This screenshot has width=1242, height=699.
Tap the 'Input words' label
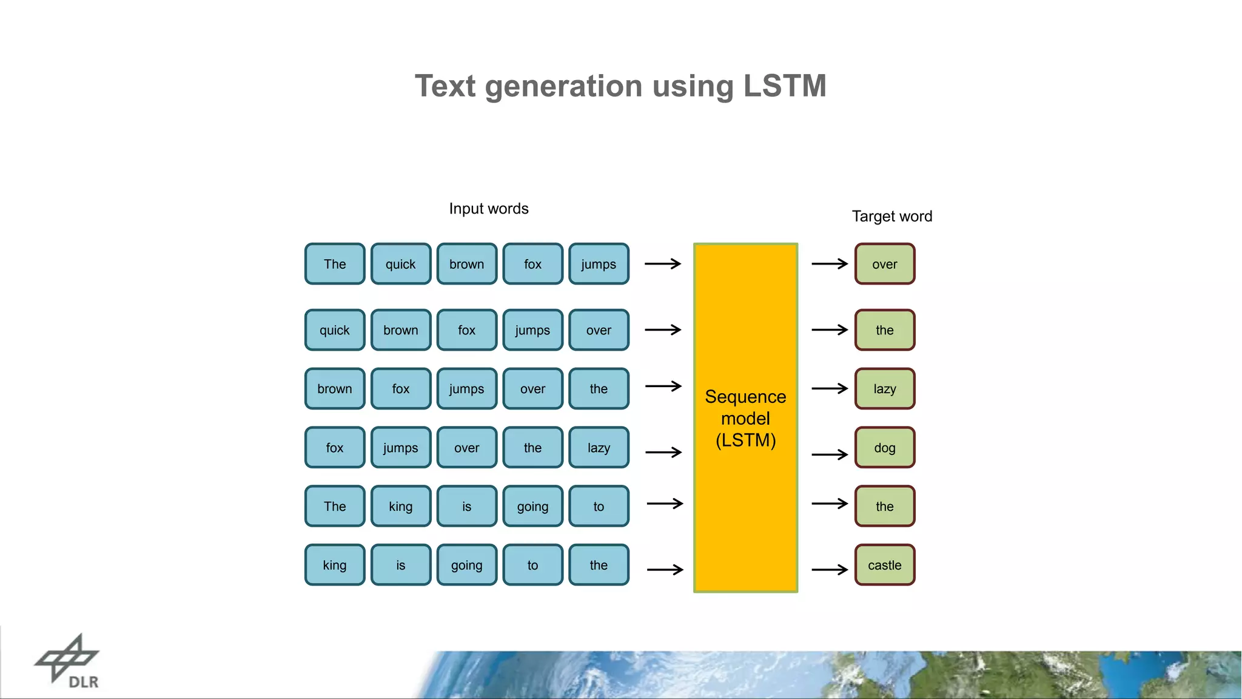click(489, 209)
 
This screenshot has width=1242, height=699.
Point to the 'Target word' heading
click(891, 217)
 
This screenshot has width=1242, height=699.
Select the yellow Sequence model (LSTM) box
click(745, 417)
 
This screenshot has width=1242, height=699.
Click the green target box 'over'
click(884, 264)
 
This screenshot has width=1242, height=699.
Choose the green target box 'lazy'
click(884, 389)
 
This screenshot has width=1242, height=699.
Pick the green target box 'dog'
click(884, 448)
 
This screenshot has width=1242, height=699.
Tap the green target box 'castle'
click(884, 566)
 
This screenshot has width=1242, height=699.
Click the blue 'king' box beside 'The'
click(400, 507)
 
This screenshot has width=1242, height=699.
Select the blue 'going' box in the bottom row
click(466, 566)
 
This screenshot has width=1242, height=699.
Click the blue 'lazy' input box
click(599, 448)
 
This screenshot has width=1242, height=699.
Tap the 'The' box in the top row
click(335, 264)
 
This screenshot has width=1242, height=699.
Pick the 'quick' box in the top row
click(400, 264)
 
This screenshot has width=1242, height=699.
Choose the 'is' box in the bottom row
click(400, 566)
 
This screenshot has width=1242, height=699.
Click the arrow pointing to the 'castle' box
click(830, 570)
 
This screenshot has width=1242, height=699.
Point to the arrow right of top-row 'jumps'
click(663, 264)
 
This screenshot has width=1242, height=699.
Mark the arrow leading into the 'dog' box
click(830, 454)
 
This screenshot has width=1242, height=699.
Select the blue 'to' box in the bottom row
click(532, 566)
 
